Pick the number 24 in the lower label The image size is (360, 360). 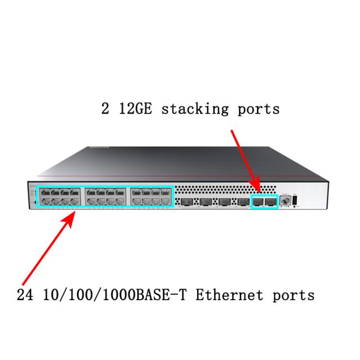click(x=24, y=294)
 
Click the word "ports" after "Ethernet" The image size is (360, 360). click(x=293, y=294)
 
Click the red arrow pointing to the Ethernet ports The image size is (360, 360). click(x=47, y=246)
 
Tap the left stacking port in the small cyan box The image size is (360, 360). click(x=258, y=202)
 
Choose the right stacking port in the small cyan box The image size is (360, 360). click(x=270, y=202)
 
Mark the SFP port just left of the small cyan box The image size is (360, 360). click(x=242, y=202)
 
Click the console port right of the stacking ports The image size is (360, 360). click(x=286, y=201)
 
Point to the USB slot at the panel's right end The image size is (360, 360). click(x=296, y=200)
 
